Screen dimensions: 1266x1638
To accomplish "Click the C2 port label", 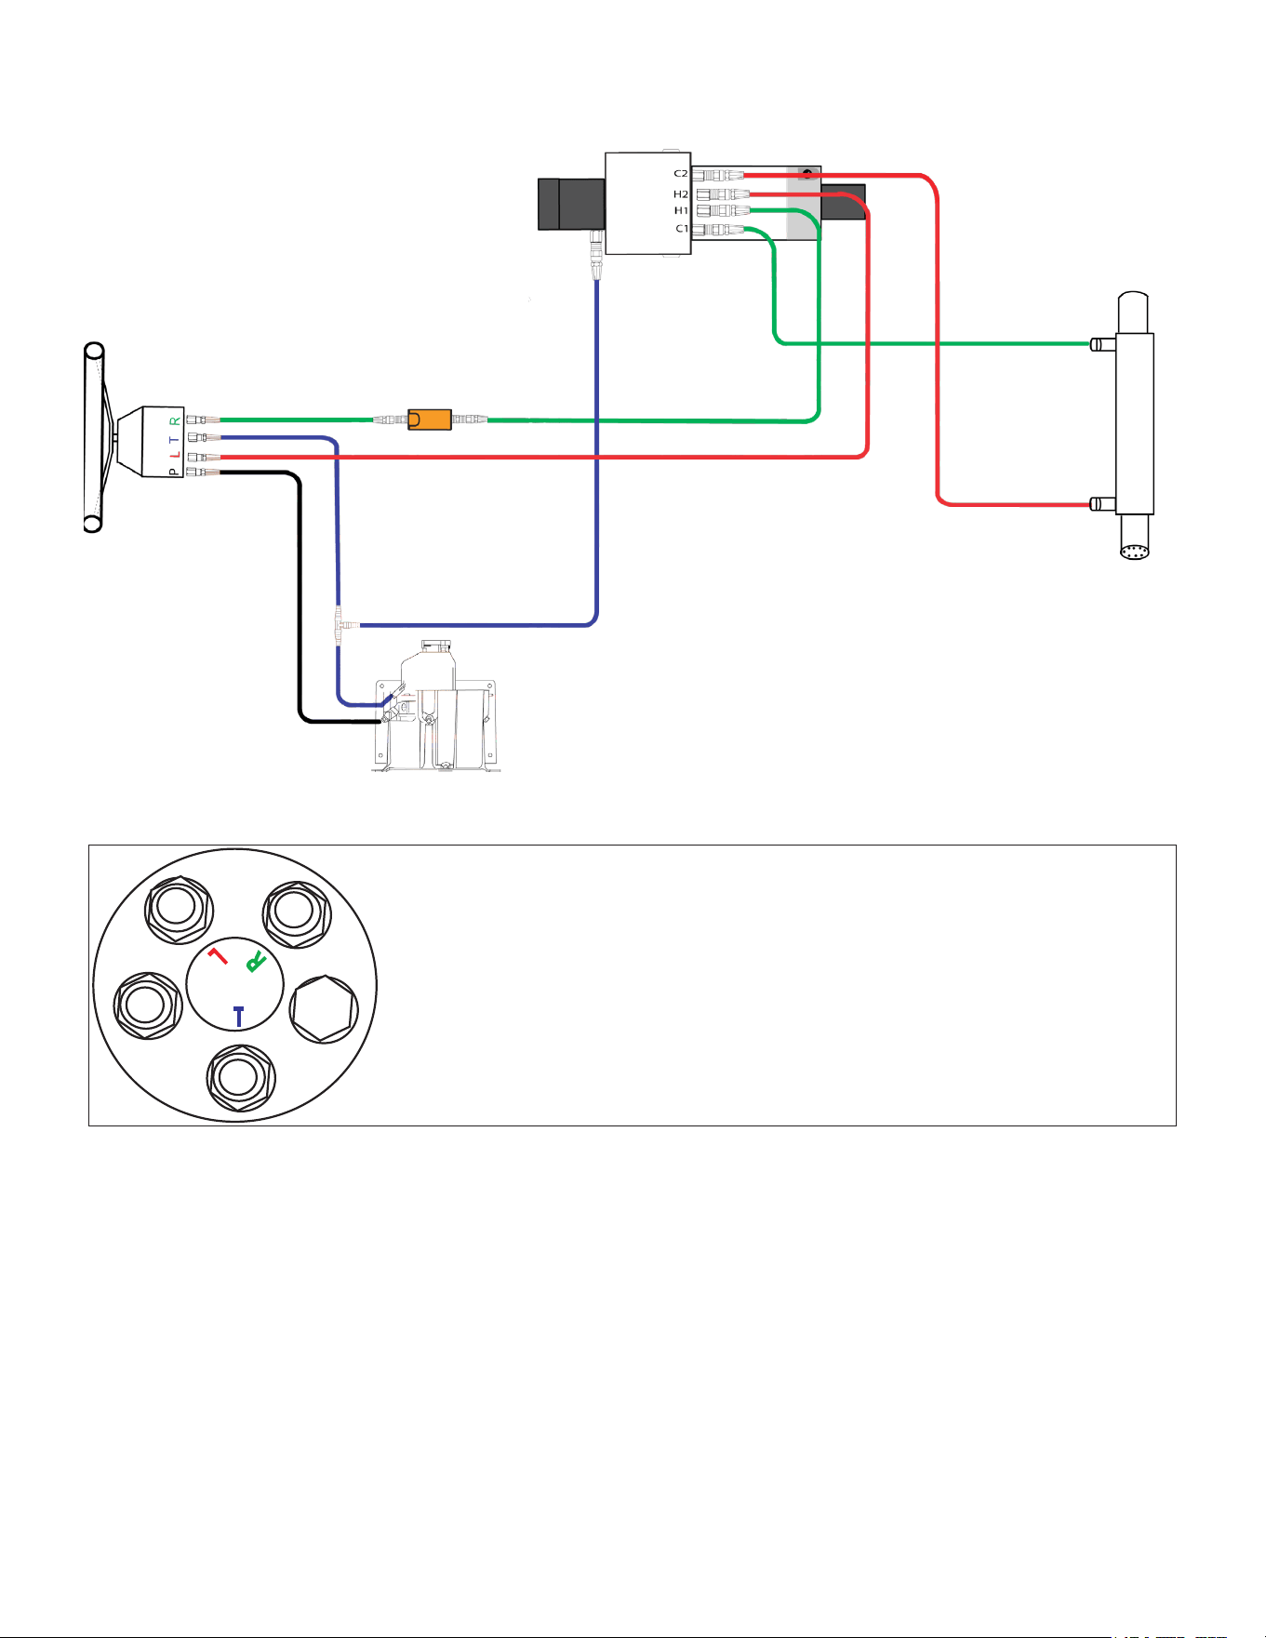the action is [681, 174].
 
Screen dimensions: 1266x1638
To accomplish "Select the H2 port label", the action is [681, 194].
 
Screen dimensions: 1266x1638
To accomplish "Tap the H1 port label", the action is [681, 211].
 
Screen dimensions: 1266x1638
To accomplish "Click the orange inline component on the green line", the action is [430, 419].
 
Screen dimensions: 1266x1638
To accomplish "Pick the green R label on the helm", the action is [174, 420].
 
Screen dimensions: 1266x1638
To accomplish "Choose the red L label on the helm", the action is [174, 455].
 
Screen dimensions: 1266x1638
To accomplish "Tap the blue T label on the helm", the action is [174, 438].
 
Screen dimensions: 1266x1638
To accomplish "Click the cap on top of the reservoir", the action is [435, 646].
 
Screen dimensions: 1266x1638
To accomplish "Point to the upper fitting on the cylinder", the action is [1103, 344].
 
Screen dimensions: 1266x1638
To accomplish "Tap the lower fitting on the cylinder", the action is [1103, 504].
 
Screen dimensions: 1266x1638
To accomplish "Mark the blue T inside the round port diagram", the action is [239, 1016].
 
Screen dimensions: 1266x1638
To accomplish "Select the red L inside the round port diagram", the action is [218, 956].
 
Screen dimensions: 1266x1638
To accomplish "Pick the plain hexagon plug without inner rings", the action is [324, 1009].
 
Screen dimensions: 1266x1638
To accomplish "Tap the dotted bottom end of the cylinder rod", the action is [1135, 551].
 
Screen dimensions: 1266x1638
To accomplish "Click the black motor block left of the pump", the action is [572, 204].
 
